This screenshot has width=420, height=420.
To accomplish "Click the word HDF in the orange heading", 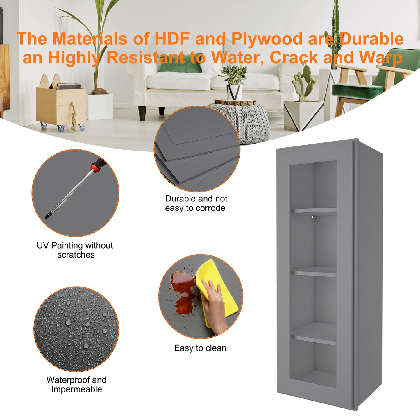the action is [172, 39].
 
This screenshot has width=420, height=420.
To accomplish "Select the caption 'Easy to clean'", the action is [200, 348].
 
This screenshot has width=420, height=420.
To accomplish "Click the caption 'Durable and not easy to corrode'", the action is [196, 203].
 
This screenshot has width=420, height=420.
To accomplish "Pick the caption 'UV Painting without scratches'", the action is [75, 250].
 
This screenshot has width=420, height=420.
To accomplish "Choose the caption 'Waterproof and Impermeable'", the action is [76, 385].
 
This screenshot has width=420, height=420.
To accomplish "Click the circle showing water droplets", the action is [76, 329].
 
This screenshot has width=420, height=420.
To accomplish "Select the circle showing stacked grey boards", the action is [197, 149].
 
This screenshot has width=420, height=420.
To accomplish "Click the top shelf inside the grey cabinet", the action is [313, 211].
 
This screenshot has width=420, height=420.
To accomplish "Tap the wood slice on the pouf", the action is [235, 102].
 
